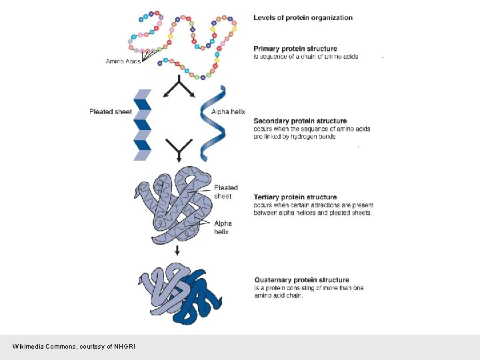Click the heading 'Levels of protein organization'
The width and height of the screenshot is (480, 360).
tap(303, 17)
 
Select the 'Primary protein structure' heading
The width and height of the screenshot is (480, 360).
tap(295, 49)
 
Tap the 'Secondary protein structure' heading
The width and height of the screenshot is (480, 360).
tap(300, 121)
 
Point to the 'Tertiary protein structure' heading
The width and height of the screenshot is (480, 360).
tap(295, 197)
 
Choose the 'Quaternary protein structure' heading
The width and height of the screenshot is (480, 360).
tap(301, 280)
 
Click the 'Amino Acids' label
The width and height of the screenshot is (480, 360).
tap(123, 61)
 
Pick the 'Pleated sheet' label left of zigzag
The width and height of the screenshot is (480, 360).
tap(110, 111)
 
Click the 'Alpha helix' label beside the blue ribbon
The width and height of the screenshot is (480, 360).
tap(228, 111)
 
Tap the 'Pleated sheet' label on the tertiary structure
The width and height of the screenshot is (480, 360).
tap(225, 192)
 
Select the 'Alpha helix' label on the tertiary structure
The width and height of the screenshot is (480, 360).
tap(222, 228)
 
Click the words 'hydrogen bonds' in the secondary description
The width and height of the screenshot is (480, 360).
tap(313, 137)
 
